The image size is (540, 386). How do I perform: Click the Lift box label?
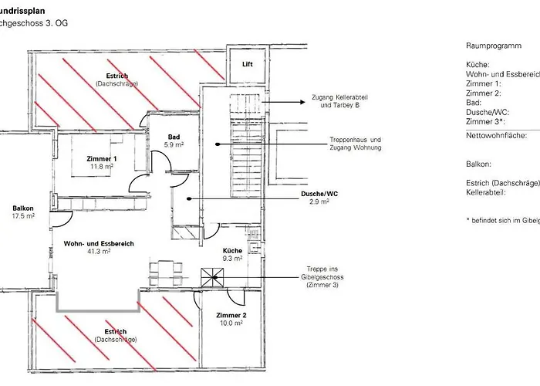pos(248,64)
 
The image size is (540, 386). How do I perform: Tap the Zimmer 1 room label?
pos(102,157)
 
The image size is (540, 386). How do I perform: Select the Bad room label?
pos(175,137)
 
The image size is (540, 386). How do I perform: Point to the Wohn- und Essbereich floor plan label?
pos(100,243)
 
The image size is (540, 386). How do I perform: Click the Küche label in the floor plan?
pos(232,251)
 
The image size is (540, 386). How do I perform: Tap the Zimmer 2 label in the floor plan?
pos(231,316)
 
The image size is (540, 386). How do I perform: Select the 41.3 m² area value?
pos(100,252)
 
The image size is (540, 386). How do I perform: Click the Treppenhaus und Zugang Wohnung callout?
pos(349,143)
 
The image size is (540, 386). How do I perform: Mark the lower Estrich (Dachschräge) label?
pos(116,336)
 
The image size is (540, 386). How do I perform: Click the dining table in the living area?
pos(166,271)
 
